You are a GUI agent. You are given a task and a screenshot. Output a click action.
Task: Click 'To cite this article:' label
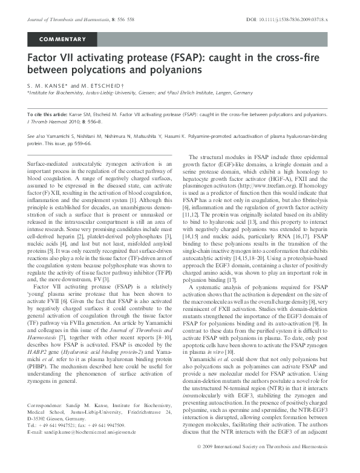[x=48, y=114]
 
